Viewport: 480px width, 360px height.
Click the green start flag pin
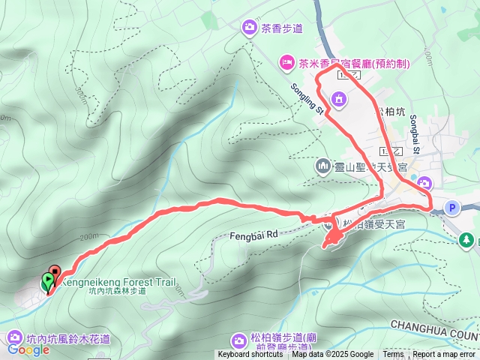[x=47, y=281]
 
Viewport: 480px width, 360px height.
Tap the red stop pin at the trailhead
[x=54, y=273]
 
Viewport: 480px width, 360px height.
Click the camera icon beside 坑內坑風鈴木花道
[x=13, y=339]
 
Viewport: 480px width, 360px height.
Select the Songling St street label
[x=306, y=97]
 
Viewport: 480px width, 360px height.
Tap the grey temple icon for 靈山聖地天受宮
[x=323, y=166]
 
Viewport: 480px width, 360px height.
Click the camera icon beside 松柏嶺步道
[x=239, y=340]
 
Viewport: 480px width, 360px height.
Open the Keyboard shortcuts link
[x=250, y=355]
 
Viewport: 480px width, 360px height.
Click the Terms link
[x=393, y=355]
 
